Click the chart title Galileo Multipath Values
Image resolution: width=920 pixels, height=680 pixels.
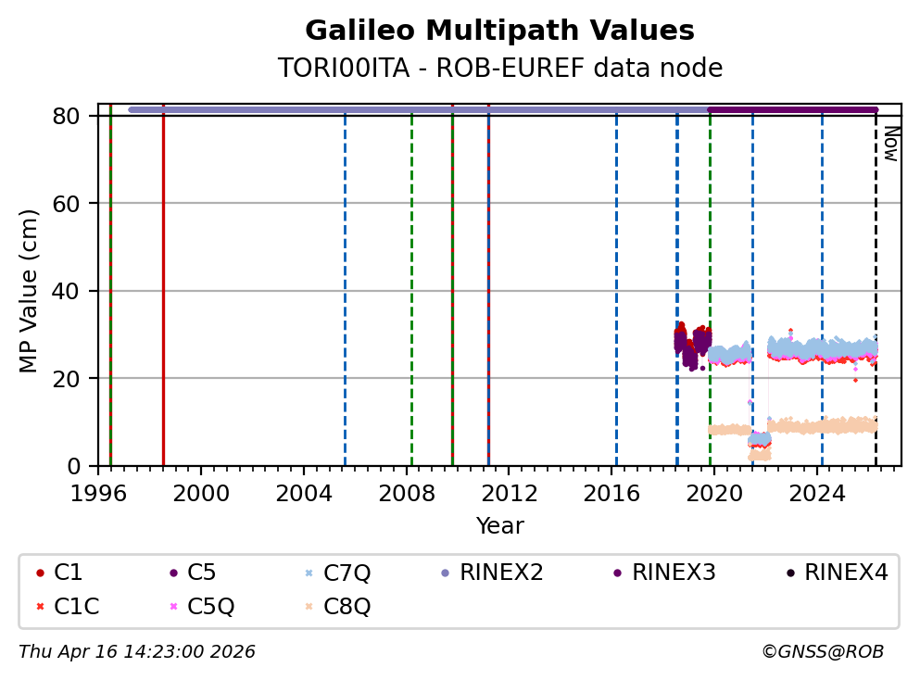[499, 31]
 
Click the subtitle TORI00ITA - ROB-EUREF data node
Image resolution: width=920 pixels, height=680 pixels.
[499, 69]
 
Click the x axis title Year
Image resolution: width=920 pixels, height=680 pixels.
[499, 526]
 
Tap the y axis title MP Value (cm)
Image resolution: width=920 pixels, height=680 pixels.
[30, 291]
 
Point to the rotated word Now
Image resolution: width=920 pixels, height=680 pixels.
[890, 144]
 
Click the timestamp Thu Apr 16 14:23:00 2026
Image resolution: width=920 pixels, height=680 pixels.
[137, 652]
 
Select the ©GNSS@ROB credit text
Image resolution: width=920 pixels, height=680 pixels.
[823, 652]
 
